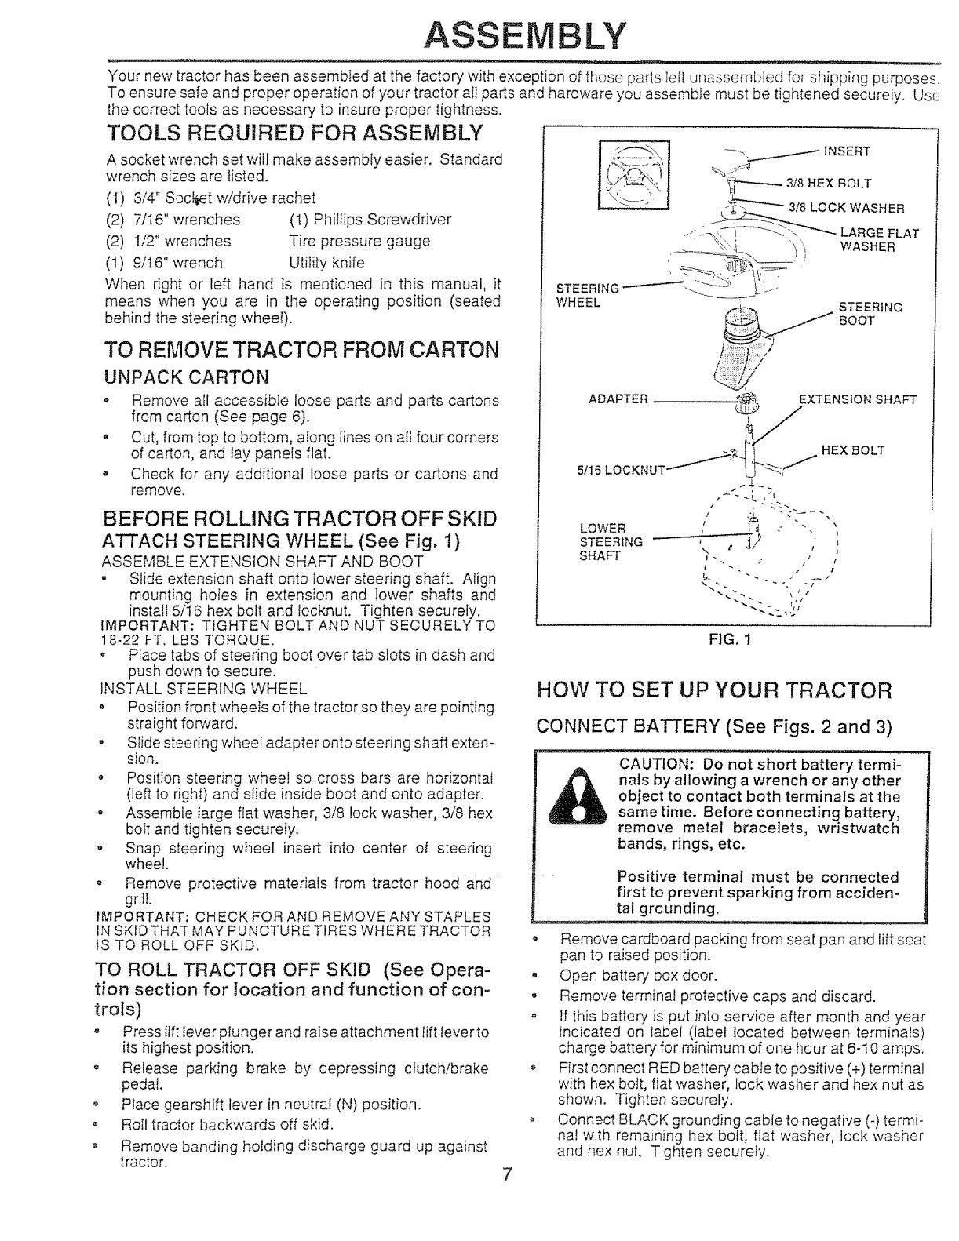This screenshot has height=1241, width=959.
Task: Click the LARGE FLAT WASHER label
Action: click(x=878, y=239)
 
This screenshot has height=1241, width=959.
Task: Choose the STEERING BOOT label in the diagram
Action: click(x=870, y=314)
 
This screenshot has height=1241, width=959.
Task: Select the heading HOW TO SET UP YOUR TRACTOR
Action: click(x=714, y=690)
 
